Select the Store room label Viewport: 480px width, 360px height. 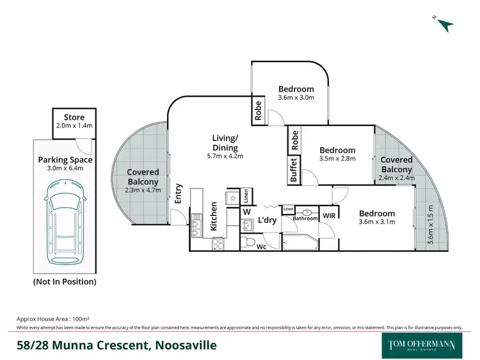pyautogui.click(x=74, y=117)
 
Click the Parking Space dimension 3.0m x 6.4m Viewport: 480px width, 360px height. pyautogui.click(x=65, y=170)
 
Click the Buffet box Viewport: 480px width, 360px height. pyautogui.click(x=294, y=170)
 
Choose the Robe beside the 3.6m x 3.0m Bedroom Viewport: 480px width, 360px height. pyautogui.click(x=258, y=112)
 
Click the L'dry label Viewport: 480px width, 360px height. pyautogui.click(x=267, y=220)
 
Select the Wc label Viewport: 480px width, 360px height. pyautogui.click(x=261, y=246)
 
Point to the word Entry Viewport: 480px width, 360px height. pyautogui.click(x=179, y=195)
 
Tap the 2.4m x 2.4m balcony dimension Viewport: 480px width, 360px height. pyautogui.click(x=396, y=178)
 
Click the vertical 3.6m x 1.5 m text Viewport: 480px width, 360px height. pyautogui.click(x=431, y=224)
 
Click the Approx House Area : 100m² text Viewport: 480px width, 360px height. pyautogui.click(x=52, y=318)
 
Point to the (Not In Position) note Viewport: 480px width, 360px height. pyautogui.click(x=65, y=281)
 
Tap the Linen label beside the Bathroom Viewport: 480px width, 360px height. pyautogui.click(x=288, y=209)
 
